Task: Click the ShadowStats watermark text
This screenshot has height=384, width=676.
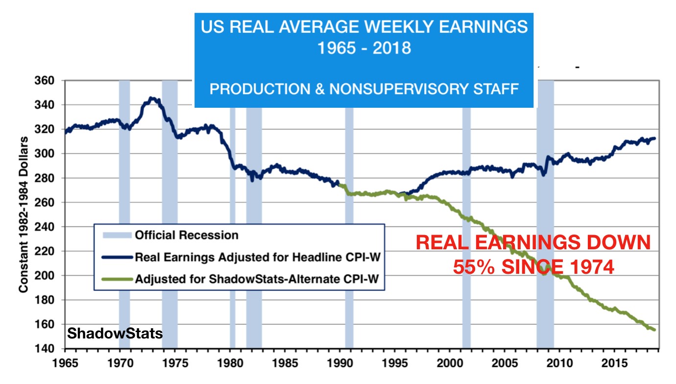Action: click(x=115, y=334)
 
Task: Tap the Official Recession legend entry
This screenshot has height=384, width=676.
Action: click(x=187, y=235)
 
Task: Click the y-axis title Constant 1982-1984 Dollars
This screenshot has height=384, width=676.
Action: click(x=23, y=215)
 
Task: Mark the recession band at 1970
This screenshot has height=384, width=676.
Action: click(x=124, y=216)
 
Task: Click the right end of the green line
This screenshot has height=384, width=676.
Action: click(x=654, y=330)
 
